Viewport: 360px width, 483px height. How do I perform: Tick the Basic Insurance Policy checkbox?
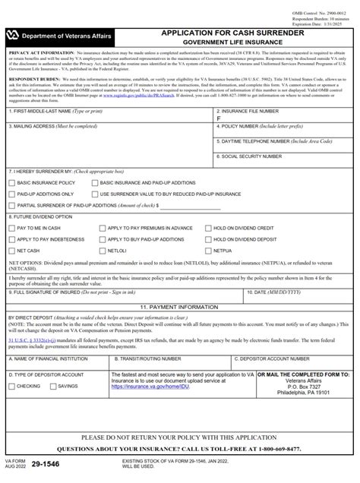(11, 184)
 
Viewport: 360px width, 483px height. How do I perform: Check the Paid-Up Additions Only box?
(11, 194)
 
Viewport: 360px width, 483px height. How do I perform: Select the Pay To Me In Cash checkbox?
(11, 229)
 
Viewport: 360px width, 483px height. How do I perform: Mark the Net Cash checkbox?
(11, 250)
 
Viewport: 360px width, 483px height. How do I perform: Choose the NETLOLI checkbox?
(102, 250)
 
